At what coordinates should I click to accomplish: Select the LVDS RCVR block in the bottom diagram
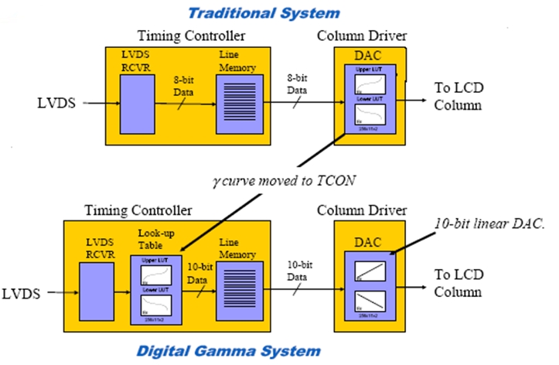(x=99, y=290)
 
